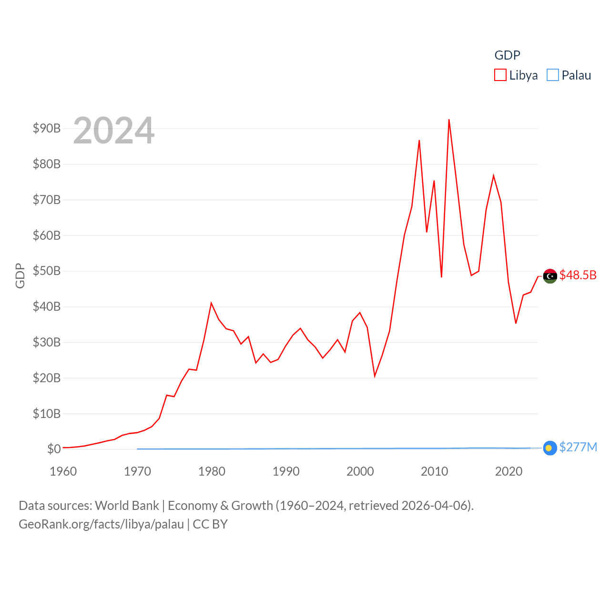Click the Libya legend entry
[516, 75]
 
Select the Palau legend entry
[569, 75]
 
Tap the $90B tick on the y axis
[47, 128]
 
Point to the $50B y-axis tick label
[47, 271]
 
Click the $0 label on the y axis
[54, 449]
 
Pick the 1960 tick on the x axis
[63, 471]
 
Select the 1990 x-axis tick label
[286, 471]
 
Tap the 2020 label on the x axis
[508, 471]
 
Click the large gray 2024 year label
[114, 130]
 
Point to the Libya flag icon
[550, 276]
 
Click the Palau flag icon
[550, 448]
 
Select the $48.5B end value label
[578, 275]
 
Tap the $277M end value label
[578, 447]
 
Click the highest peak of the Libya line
[449, 120]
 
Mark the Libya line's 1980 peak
[211, 303]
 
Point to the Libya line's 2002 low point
[375, 376]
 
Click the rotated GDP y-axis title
[20, 275]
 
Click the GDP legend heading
[507, 55]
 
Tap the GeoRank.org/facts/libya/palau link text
[101, 524]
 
